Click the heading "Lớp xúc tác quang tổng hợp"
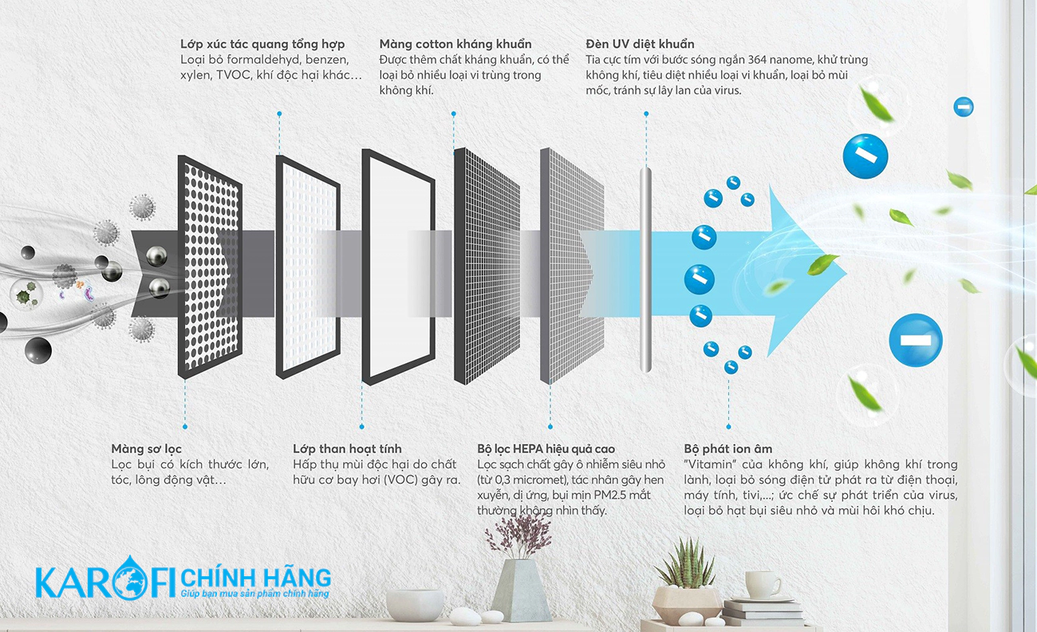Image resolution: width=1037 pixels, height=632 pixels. pos(262,45)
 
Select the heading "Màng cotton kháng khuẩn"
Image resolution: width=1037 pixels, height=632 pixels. pos(455,44)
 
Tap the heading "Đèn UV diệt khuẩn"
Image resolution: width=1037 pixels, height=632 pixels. pos(640,44)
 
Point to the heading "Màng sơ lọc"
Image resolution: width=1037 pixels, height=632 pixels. pos(146,448)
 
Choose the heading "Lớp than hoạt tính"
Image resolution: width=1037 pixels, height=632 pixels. pos(347,448)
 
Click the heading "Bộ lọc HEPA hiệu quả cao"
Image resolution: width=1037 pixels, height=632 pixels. pos(546,448)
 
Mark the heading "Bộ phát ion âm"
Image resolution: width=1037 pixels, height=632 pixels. pos(727,448)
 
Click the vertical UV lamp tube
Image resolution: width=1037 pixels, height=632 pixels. pos(645,270)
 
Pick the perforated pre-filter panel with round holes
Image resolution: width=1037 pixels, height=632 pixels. pos(210,267)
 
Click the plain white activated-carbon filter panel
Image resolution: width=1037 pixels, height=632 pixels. pos(399,267)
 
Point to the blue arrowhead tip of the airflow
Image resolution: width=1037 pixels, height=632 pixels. pos(846,272)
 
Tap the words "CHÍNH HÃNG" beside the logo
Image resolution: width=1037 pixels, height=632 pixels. pos(256,578)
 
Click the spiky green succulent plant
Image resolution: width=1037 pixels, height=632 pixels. pos(687,563)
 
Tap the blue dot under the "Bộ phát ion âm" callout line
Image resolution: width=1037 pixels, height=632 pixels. pos(728,426)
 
